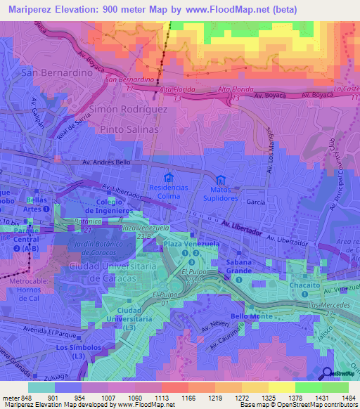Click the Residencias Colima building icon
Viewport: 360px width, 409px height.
point(167,178)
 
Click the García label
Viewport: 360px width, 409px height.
point(255,202)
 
